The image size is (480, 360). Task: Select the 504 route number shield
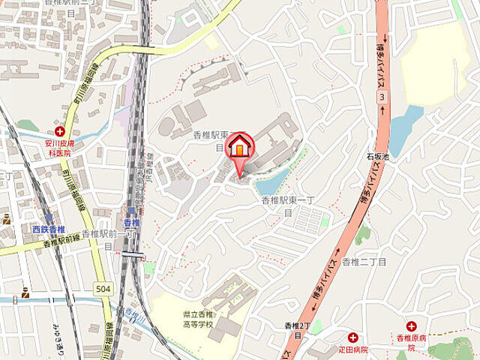coord(103,288)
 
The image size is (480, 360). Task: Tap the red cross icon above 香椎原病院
coord(411,325)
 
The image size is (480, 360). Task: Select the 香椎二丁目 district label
coord(364,262)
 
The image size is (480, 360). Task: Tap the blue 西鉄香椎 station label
coord(49,228)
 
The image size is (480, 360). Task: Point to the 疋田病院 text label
coord(352,349)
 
